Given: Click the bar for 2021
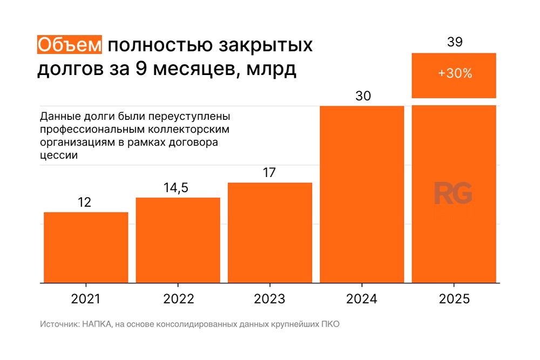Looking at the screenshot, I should (x=86, y=247).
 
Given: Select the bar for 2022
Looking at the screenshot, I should (x=178, y=240).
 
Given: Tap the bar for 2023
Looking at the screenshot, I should (x=270, y=233).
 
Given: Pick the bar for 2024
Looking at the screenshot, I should (x=362, y=194).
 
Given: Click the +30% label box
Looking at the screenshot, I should (x=454, y=75).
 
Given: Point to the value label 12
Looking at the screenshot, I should (x=85, y=203).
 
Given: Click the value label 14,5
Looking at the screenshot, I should (x=178, y=188).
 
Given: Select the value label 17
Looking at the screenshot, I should (x=269, y=173).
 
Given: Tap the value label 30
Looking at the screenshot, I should (x=363, y=96).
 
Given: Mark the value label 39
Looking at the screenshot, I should (x=455, y=43).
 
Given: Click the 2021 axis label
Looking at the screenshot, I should (x=86, y=299).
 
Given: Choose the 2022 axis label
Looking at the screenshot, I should (x=178, y=299).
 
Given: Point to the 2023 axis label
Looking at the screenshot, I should (x=270, y=299).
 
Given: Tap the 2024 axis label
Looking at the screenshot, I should (x=362, y=299).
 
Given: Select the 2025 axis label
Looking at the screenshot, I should (x=454, y=299).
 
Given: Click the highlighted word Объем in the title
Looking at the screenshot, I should (x=69, y=45).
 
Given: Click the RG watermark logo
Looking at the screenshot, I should (x=454, y=194).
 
